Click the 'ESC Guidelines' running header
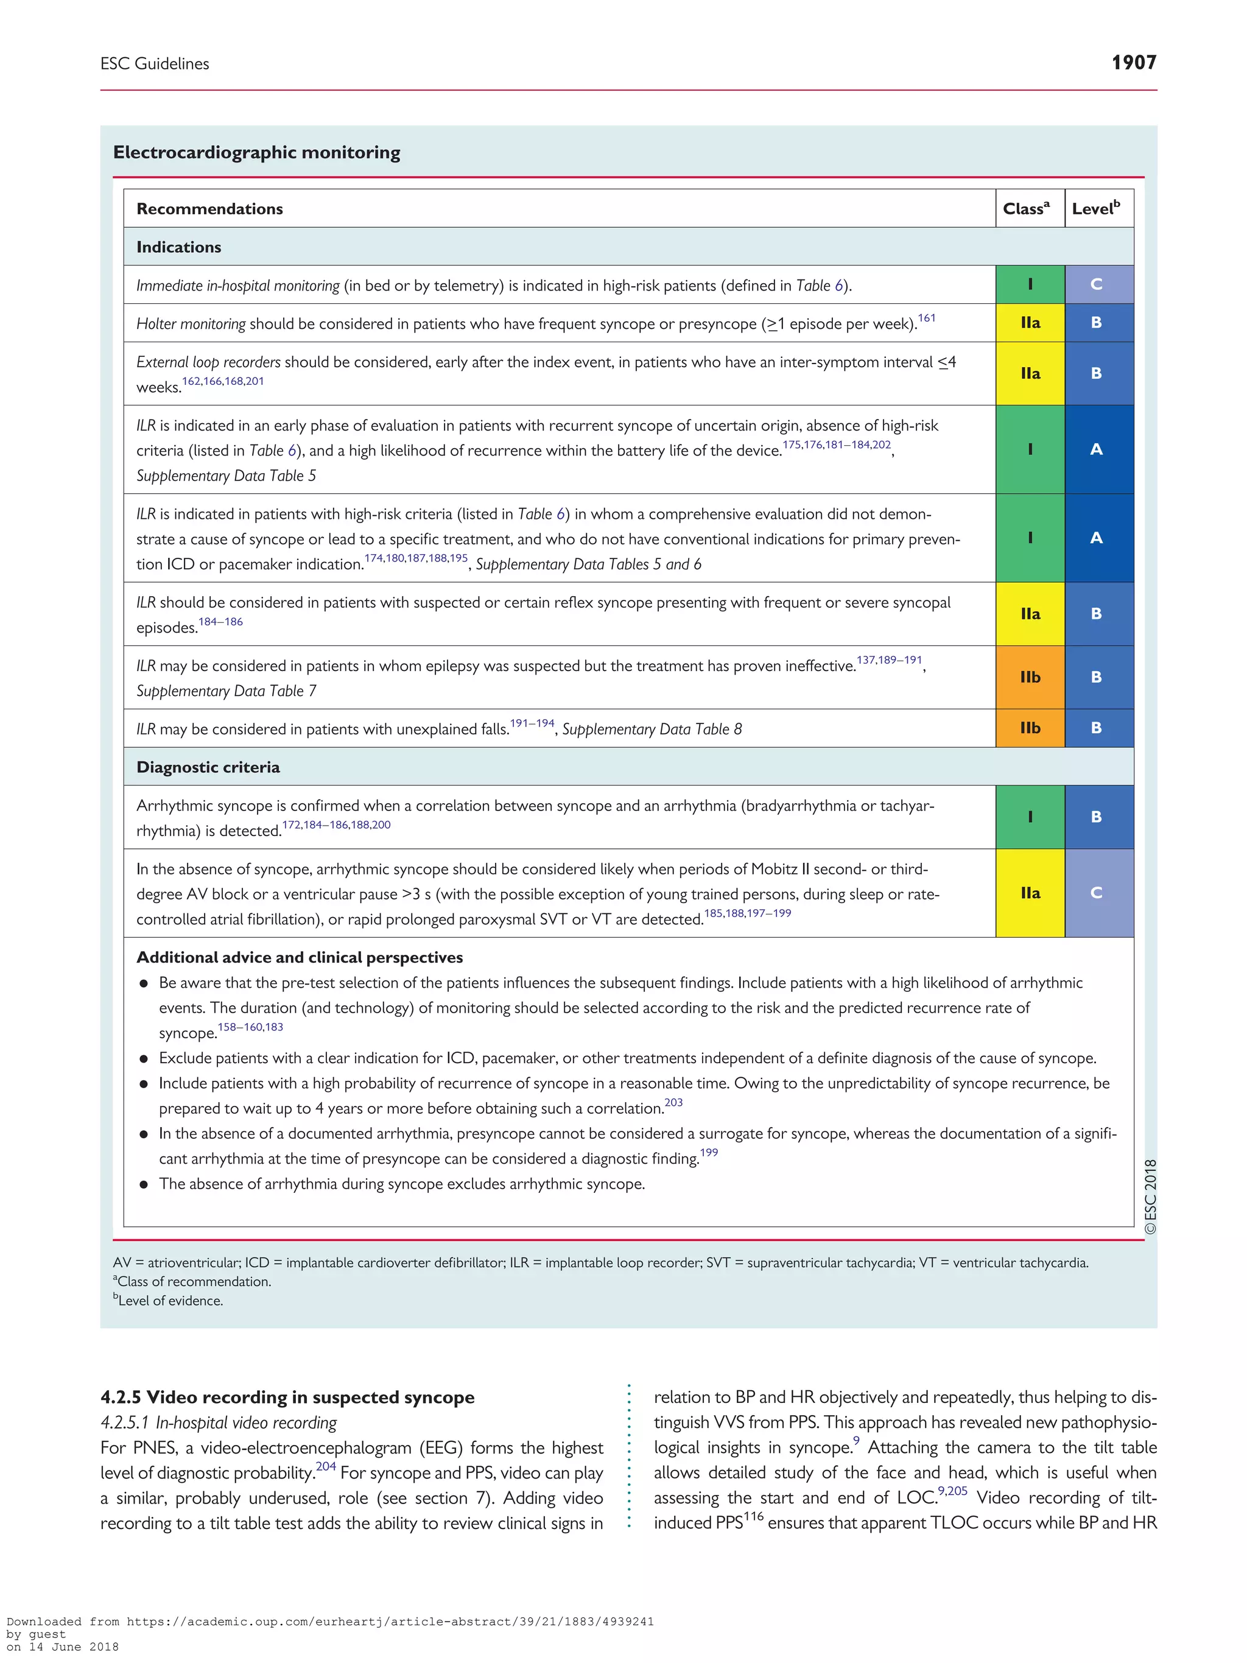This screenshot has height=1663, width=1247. click(155, 64)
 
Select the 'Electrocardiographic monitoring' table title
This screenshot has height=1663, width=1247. click(256, 153)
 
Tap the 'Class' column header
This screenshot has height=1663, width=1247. click(1026, 208)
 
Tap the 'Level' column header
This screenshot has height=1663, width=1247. click(1095, 208)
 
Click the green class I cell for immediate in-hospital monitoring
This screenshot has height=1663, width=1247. click(1030, 284)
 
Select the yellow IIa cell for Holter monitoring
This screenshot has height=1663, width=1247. click(1030, 323)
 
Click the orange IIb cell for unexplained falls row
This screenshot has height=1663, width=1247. click(1030, 728)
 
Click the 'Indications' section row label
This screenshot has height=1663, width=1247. click(179, 247)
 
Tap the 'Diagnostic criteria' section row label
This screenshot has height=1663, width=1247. click(208, 767)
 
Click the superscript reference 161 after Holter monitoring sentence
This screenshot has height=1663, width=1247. click(926, 318)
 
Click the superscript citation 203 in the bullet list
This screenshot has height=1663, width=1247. click(673, 1103)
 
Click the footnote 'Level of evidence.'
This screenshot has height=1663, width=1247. click(170, 1301)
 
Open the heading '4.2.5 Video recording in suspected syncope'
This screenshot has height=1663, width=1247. click(287, 1397)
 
